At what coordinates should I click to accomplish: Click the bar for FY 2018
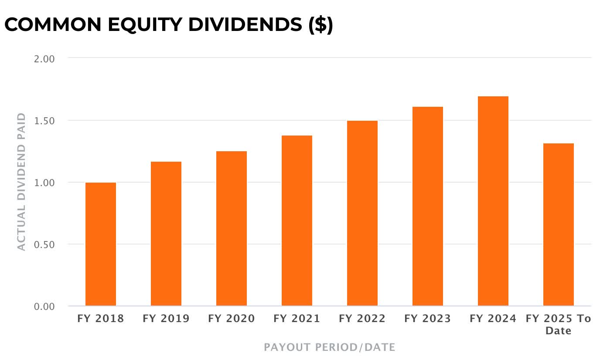tap(101, 244)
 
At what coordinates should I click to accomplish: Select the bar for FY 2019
tap(166, 234)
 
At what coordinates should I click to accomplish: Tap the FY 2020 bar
tap(232, 228)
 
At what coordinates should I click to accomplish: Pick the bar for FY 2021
tap(297, 221)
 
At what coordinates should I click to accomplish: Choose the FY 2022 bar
tap(362, 213)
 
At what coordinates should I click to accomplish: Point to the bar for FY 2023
tap(428, 206)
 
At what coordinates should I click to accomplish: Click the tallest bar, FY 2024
tap(493, 201)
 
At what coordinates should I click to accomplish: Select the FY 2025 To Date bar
tap(559, 224)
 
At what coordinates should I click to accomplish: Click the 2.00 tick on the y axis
tap(44, 59)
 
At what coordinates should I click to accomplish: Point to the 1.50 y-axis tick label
tap(44, 121)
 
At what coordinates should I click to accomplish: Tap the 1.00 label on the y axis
tap(44, 183)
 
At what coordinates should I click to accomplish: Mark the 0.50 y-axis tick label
tap(44, 245)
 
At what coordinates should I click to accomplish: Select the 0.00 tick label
tap(44, 307)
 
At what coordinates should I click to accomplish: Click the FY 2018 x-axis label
tap(101, 319)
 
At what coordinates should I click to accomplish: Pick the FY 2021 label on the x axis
tap(297, 319)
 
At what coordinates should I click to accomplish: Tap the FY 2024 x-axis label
tap(493, 319)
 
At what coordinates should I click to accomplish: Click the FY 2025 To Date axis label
tap(559, 325)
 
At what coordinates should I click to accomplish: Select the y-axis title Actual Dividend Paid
tap(21, 182)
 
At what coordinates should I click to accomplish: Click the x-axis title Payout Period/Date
tap(330, 347)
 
